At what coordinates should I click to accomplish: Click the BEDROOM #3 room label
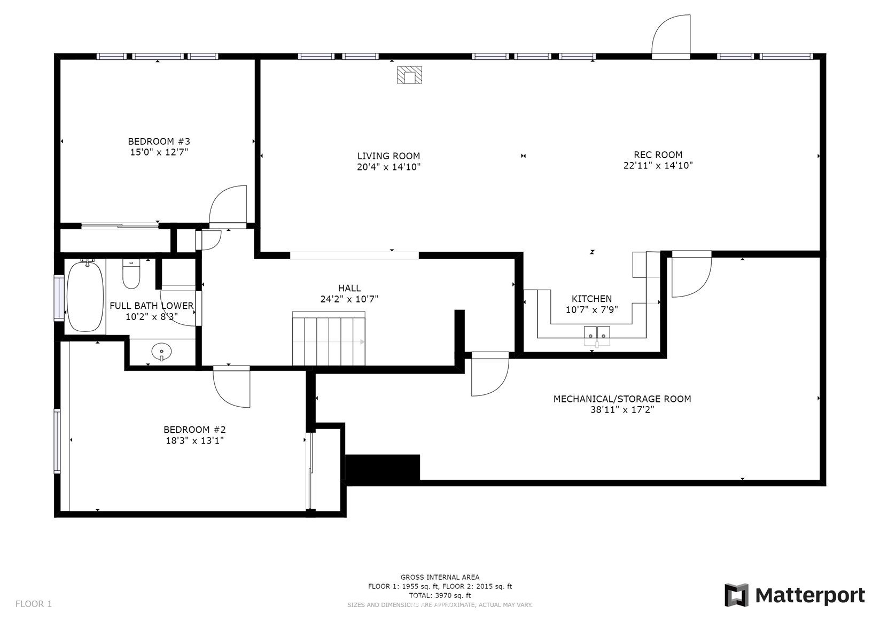pos(159,142)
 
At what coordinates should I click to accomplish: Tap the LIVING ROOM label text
pos(388,156)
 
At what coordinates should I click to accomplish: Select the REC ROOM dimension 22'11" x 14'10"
pos(658,166)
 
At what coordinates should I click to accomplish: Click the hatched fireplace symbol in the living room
pos(409,75)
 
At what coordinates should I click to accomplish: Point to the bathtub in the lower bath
pos(85,297)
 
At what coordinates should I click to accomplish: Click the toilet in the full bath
pos(131,274)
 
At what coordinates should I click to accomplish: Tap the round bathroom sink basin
pos(161,351)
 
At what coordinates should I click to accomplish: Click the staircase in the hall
pos(329,338)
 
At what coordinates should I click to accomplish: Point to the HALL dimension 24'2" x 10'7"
pos(349,299)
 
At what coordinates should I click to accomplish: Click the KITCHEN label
pos(591,299)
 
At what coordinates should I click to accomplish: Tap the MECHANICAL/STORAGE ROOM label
pos(622,399)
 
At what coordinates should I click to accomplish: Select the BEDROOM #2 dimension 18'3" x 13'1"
pos(195,440)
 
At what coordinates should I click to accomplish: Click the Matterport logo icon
pos(737,595)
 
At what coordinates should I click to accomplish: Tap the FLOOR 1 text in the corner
pos(33,603)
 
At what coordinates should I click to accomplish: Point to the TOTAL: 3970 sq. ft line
pos(440,595)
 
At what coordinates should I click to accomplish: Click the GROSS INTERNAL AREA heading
pos(440,577)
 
